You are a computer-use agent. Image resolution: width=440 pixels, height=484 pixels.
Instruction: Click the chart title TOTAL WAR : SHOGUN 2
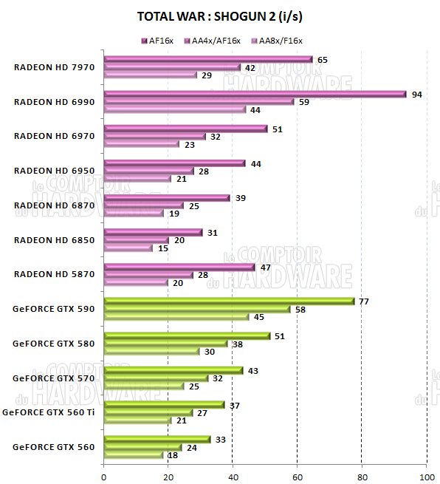point(219,16)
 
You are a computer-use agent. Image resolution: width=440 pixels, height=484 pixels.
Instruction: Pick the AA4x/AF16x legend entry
point(215,41)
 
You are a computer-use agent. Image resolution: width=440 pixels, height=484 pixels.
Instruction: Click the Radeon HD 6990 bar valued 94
point(255,94)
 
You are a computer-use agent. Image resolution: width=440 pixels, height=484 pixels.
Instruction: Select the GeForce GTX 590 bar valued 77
point(229,301)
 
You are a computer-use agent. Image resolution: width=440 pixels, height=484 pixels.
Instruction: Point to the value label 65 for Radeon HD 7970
point(322,59)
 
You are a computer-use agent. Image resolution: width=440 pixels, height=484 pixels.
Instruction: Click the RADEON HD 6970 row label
point(54,136)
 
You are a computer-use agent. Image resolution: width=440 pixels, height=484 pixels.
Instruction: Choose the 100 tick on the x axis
point(427,475)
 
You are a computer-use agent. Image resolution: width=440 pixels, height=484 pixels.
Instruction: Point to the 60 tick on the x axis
point(298,475)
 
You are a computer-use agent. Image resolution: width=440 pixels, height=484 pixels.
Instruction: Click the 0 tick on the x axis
point(104,475)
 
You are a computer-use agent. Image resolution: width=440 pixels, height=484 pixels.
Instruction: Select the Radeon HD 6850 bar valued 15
point(128,248)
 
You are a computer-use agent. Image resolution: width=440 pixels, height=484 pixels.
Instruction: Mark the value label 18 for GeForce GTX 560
point(172,455)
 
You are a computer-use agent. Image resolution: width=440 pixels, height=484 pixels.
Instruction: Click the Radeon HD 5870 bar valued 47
point(179,267)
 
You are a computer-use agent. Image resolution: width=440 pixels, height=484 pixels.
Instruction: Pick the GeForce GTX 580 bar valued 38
point(165,343)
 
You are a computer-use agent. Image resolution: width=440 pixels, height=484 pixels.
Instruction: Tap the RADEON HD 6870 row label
point(54,205)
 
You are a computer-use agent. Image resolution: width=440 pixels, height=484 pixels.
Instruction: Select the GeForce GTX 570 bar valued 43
point(173,370)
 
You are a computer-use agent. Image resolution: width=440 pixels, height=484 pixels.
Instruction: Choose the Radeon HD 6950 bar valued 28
point(149,171)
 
